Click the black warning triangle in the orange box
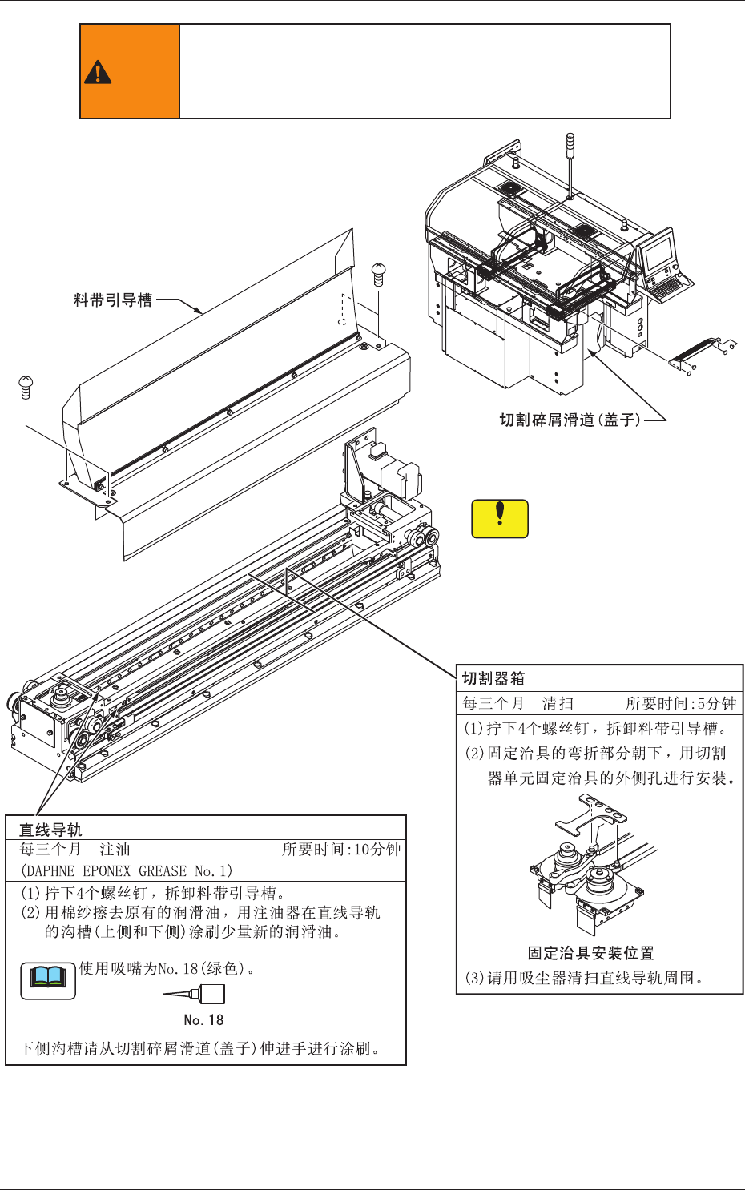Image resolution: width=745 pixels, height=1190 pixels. point(97,72)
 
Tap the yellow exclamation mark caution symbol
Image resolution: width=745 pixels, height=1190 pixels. point(500,518)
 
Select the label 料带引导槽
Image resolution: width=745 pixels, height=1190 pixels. point(113,300)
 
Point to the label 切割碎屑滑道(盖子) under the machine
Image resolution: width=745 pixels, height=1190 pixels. point(570,420)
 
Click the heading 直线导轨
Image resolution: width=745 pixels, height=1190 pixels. point(50,830)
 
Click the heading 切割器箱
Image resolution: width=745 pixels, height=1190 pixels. point(493,678)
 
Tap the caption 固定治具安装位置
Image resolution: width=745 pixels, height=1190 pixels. point(590,953)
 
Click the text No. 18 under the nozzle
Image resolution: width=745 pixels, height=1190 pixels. point(203,1019)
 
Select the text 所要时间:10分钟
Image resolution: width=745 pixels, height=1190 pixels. point(340,850)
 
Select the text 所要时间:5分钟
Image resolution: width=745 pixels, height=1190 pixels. point(680,703)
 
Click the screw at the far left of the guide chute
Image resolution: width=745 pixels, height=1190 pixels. point(25,386)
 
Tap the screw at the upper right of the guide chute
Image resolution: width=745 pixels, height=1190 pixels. point(380,275)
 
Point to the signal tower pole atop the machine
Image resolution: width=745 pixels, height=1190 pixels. point(568,164)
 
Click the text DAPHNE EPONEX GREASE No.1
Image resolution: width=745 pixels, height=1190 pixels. point(126,870)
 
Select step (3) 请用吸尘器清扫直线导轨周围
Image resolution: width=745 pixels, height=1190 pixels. point(584,978)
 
